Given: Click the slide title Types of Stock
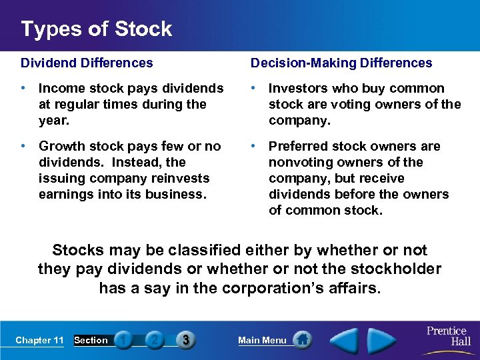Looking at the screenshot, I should (96, 29).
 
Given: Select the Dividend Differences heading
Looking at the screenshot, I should (87, 63).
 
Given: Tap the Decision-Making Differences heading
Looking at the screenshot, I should (341, 63).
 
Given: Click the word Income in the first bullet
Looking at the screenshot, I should (59, 89).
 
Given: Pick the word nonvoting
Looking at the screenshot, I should (298, 162).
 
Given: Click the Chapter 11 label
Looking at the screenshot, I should (39, 340).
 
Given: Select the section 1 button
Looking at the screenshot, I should (123, 340).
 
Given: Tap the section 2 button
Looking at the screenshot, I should (154, 340).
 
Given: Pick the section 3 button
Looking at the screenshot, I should (185, 340).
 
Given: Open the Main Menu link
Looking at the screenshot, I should (262, 340).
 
